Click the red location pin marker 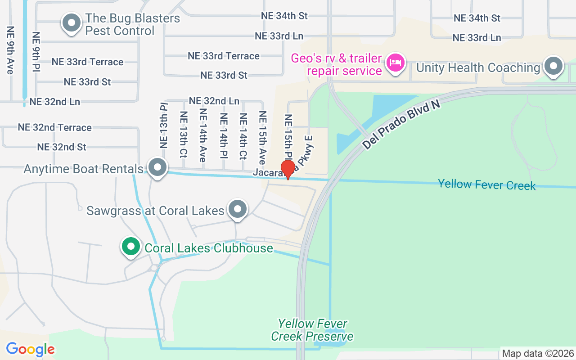point(288,170)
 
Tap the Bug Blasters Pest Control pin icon point(71,23)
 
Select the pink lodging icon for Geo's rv point(396,63)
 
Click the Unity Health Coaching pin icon point(553,67)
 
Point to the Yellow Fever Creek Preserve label point(312,330)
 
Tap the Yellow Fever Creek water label point(487,184)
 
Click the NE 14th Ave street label point(203,135)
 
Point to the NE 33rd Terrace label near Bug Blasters point(87,62)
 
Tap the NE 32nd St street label point(62,147)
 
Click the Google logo point(30,349)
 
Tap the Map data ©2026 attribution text point(538,353)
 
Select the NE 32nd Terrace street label point(54,127)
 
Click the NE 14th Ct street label point(243,136)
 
